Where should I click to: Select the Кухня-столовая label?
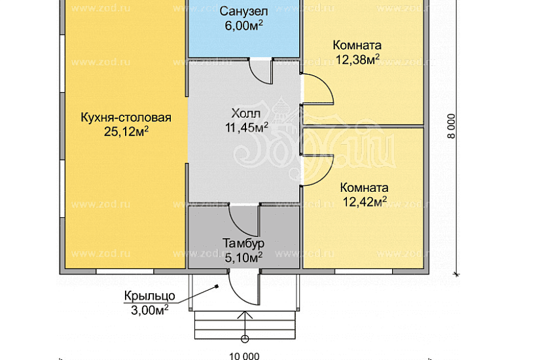pyautogui.click(x=126, y=118)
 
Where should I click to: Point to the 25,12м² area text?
pyautogui.click(x=126, y=131)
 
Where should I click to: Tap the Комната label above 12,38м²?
pyautogui.click(x=357, y=46)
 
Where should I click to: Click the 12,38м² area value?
pyautogui.click(x=357, y=60)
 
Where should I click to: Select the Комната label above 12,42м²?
pyautogui.click(x=364, y=187)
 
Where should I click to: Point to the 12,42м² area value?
pyautogui.click(x=364, y=201)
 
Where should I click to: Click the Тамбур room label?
pyautogui.click(x=243, y=243)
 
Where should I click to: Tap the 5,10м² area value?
pyautogui.click(x=243, y=257)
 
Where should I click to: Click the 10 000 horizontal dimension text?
pyautogui.click(x=244, y=356)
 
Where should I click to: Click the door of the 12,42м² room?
pyautogui.click(x=317, y=168)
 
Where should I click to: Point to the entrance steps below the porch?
pyautogui.click(x=244, y=324)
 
